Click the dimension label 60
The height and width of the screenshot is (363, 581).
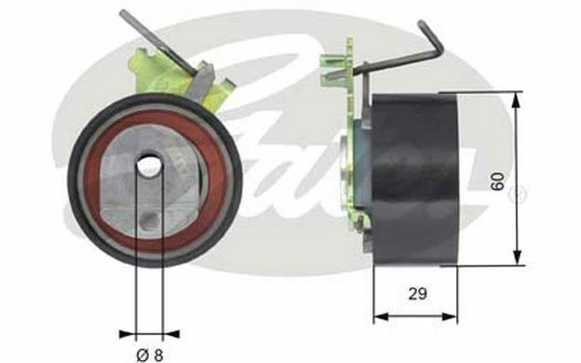[497, 181]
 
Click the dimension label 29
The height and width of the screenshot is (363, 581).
[417, 294]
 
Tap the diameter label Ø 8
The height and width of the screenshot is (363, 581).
[150, 356]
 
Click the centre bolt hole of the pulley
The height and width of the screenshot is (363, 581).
[149, 166]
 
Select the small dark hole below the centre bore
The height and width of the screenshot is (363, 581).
[149, 220]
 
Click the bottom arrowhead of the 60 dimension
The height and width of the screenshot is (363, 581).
[517, 257]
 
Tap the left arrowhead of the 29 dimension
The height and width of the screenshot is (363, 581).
[381, 316]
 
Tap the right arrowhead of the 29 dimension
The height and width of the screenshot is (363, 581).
[450, 316]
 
